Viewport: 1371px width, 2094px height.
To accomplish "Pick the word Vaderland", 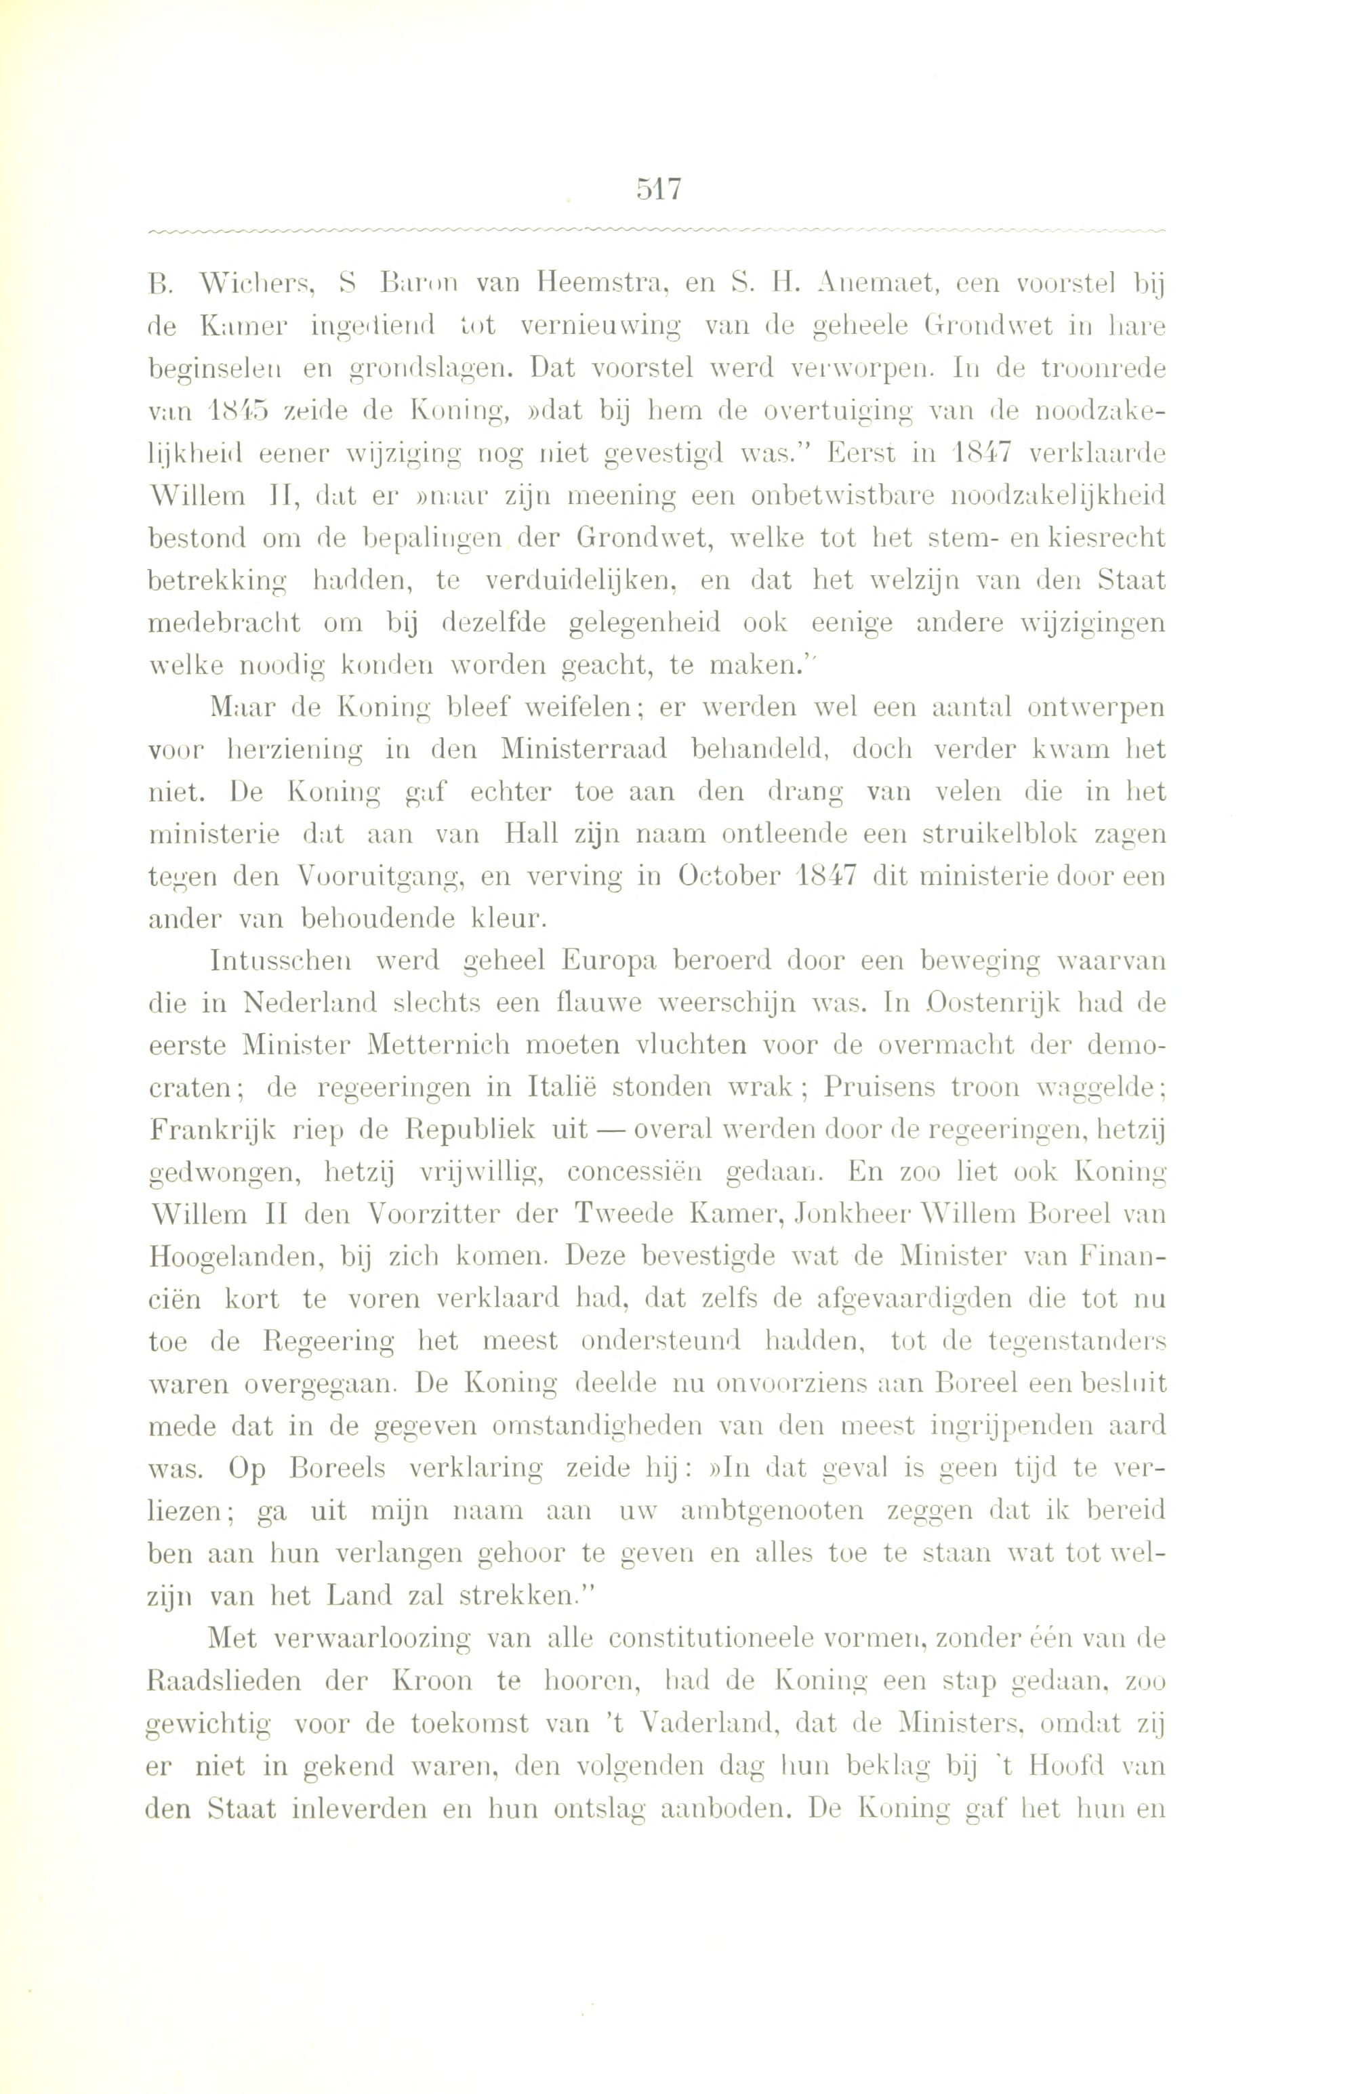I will [x=701, y=1720].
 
